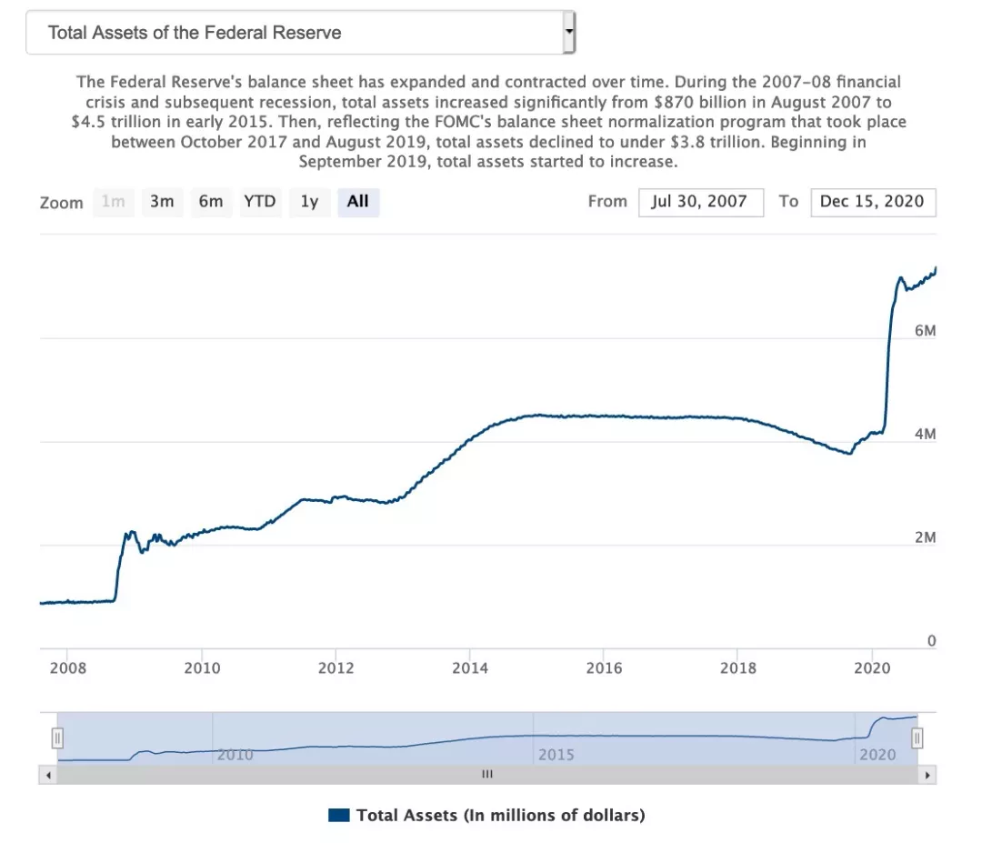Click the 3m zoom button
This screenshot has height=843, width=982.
(162, 202)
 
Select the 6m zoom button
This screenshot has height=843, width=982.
(211, 202)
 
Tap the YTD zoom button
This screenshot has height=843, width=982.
(260, 202)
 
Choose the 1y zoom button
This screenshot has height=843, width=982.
(309, 202)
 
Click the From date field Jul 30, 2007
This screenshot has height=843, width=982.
(699, 202)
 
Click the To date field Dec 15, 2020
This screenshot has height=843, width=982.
(872, 202)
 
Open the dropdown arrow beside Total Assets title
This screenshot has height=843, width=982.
(569, 33)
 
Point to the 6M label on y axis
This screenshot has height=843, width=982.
(925, 331)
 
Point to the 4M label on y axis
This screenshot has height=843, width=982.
(925, 435)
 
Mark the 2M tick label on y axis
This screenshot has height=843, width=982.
(925, 538)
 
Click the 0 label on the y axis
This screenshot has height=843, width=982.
(931, 641)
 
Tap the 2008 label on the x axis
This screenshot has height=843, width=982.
(68, 668)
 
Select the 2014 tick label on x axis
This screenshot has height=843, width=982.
(470, 668)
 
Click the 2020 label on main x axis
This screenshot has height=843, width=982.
(872, 668)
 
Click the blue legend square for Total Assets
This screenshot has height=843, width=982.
(338, 815)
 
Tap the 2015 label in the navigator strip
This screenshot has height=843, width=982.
(556, 755)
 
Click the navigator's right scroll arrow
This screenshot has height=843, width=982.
(927, 775)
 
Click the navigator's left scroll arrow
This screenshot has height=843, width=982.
(48, 775)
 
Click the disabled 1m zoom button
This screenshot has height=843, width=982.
(113, 202)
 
